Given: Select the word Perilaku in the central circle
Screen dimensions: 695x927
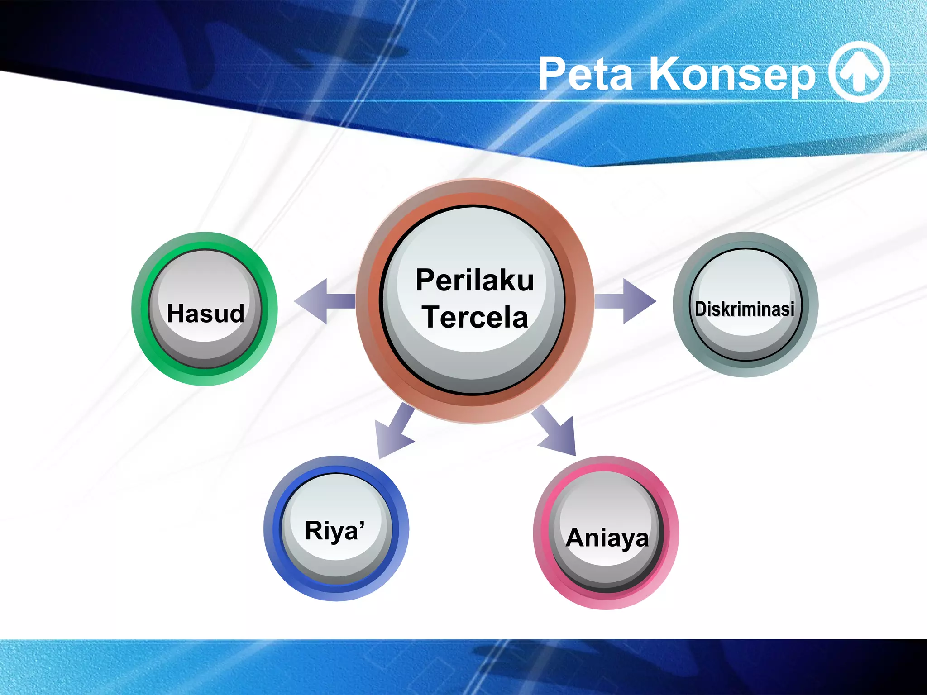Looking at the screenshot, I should [474, 280].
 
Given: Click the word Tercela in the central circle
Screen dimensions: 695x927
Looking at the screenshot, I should [475, 317].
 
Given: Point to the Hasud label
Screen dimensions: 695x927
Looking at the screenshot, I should [205, 314].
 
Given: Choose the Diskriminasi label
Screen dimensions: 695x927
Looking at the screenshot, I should [745, 309].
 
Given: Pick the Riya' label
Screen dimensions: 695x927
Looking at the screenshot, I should [334, 531].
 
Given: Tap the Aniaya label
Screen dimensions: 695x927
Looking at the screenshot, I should [607, 538].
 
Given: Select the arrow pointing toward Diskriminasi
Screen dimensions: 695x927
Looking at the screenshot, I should [627, 301].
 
